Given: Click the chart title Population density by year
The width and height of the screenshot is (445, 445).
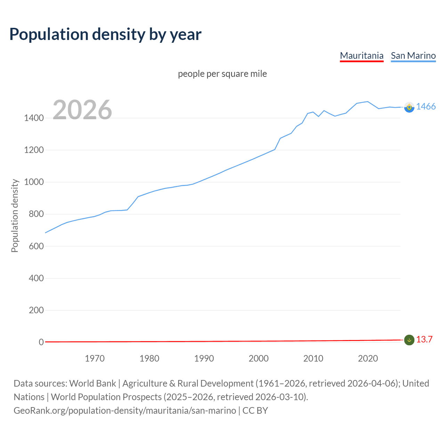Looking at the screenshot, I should tap(105, 34).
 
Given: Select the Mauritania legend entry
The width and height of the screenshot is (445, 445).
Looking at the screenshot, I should tap(362, 56).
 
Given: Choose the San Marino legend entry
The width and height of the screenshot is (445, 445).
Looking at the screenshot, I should tap(413, 56).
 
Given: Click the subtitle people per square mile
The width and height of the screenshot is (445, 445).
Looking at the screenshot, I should tap(222, 74).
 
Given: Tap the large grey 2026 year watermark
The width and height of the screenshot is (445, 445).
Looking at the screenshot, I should tap(82, 110).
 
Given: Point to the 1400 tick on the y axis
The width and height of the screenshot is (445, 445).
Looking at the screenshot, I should tap(34, 118).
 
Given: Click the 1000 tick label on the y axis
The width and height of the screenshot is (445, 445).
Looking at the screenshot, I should tap(34, 182).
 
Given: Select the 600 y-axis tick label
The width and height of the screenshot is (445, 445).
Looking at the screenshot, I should tap(36, 246).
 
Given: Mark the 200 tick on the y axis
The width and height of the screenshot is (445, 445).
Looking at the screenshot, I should tap(36, 310).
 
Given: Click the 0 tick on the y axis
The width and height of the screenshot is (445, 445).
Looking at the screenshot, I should tap(41, 342).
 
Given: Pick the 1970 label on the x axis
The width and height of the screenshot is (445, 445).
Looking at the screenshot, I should tap(95, 358).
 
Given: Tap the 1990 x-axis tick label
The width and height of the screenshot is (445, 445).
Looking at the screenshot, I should tap(204, 358).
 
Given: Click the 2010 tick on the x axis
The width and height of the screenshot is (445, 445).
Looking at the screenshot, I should tap(313, 358).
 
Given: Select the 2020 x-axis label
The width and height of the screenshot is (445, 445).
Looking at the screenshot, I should tap(368, 358).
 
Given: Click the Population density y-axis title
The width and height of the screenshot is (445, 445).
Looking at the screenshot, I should tap(15, 216).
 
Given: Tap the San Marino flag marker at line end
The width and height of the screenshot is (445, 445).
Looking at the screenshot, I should tap(409, 107).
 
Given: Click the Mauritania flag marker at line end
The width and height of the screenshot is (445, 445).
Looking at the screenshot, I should tap(409, 340).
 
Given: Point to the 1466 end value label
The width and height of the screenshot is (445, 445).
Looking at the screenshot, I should tap(426, 107).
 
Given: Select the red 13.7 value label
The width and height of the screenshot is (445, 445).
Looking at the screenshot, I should tap(424, 340).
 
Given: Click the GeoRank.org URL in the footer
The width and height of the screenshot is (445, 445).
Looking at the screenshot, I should tap(125, 411).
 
